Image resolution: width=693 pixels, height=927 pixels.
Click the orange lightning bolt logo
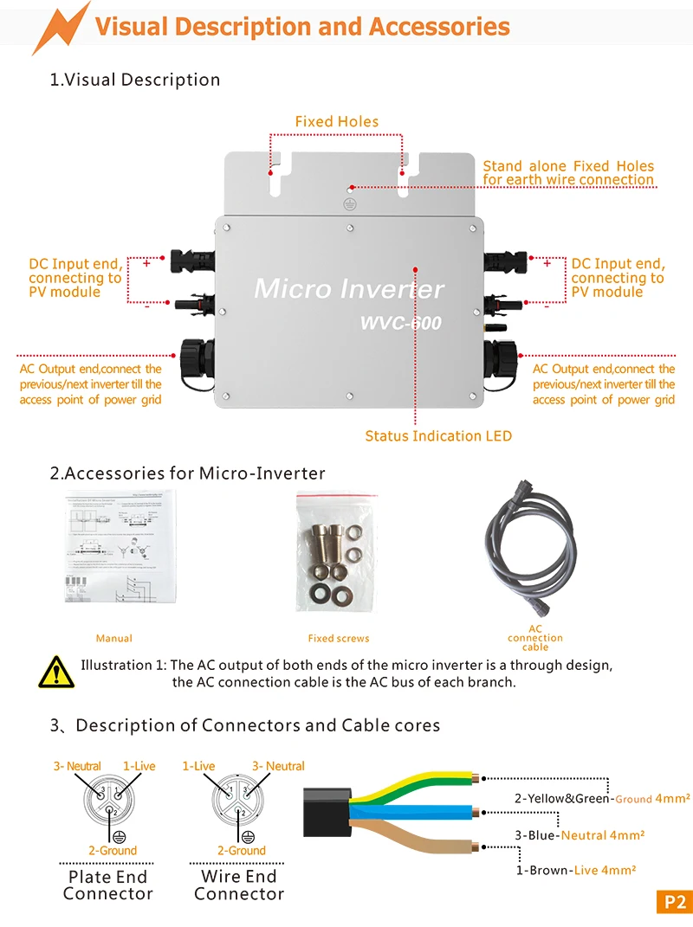click(62, 26)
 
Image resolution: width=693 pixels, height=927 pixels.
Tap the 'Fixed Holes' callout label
click(336, 122)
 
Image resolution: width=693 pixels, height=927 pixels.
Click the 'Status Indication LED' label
click(438, 436)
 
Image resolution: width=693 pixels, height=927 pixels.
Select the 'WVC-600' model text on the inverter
click(401, 324)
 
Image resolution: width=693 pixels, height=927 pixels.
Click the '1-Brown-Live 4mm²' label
click(576, 871)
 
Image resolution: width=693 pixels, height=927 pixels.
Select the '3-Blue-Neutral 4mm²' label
click(580, 835)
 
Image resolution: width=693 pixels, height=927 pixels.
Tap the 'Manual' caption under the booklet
click(114, 639)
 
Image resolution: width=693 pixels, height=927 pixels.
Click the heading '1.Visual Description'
click(135, 80)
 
